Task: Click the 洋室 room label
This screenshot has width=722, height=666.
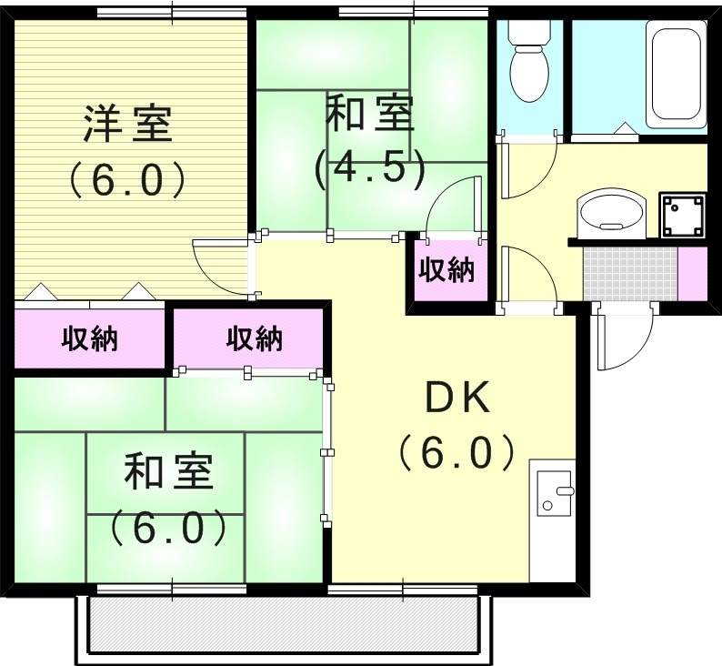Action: (x=128, y=124)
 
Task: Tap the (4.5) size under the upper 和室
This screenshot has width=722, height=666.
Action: (x=369, y=167)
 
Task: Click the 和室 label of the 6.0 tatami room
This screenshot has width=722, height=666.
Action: (x=168, y=474)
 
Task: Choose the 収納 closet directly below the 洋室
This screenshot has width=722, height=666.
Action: (x=90, y=339)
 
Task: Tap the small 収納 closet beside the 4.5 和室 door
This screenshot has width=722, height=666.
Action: (x=446, y=269)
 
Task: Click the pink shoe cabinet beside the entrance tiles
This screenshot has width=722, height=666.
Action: (x=692, y=272)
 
